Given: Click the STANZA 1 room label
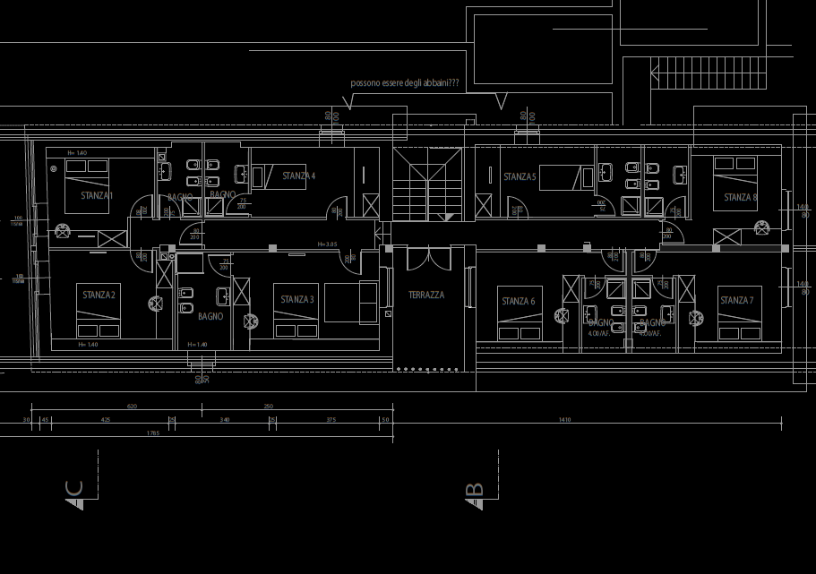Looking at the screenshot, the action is point(97,195).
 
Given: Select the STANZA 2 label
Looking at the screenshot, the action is point(99,295).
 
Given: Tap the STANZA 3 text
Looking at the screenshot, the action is point(296,300).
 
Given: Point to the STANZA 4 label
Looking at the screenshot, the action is point(298,176).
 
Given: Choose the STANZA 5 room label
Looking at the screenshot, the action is point(519,177).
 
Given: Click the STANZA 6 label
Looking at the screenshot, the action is point(518,302).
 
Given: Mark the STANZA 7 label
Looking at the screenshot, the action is point(736,301).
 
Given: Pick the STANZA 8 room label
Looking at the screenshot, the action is point(740,197).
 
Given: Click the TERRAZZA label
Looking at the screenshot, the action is point(426,295).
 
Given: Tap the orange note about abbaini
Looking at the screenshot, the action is point(405,83).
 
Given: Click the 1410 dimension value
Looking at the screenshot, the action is point(564,419).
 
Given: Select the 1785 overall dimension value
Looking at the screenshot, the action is point(152,433).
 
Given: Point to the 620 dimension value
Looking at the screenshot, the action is point(133,406).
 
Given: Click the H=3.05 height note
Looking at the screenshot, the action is point(327,244).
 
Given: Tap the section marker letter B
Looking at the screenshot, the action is point(476,491).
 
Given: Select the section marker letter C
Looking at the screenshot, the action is point(74,489).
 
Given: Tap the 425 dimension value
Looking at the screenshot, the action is point(106,419).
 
